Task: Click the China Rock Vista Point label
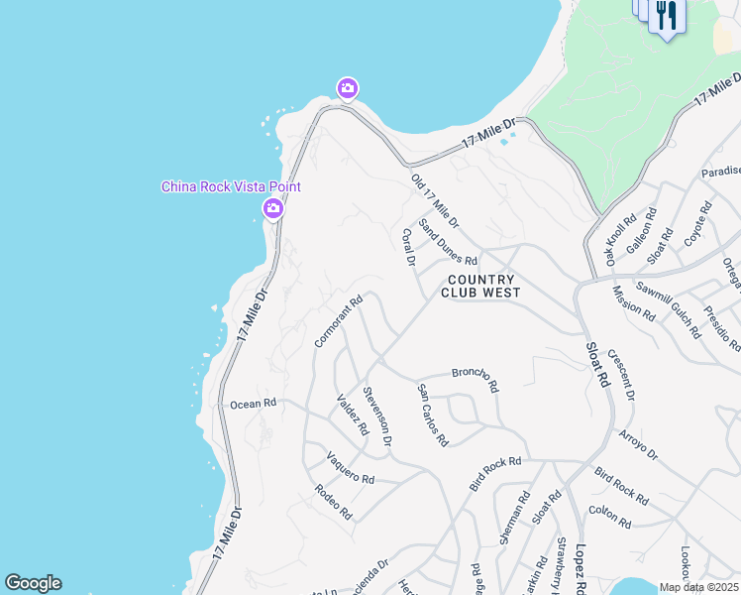click(x=231, y=186)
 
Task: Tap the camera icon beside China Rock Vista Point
click(x=272, y=208)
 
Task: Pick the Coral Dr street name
click(x=408, y=248)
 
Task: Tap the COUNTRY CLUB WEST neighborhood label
click(x=480, y=286)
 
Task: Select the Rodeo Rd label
click(x=333, y=502)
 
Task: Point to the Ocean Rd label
click(x=253, y=405)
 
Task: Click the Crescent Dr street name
click(x=621, y=375)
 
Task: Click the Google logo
click(x=33, y=583)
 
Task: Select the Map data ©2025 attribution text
click(x=699, y=587)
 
